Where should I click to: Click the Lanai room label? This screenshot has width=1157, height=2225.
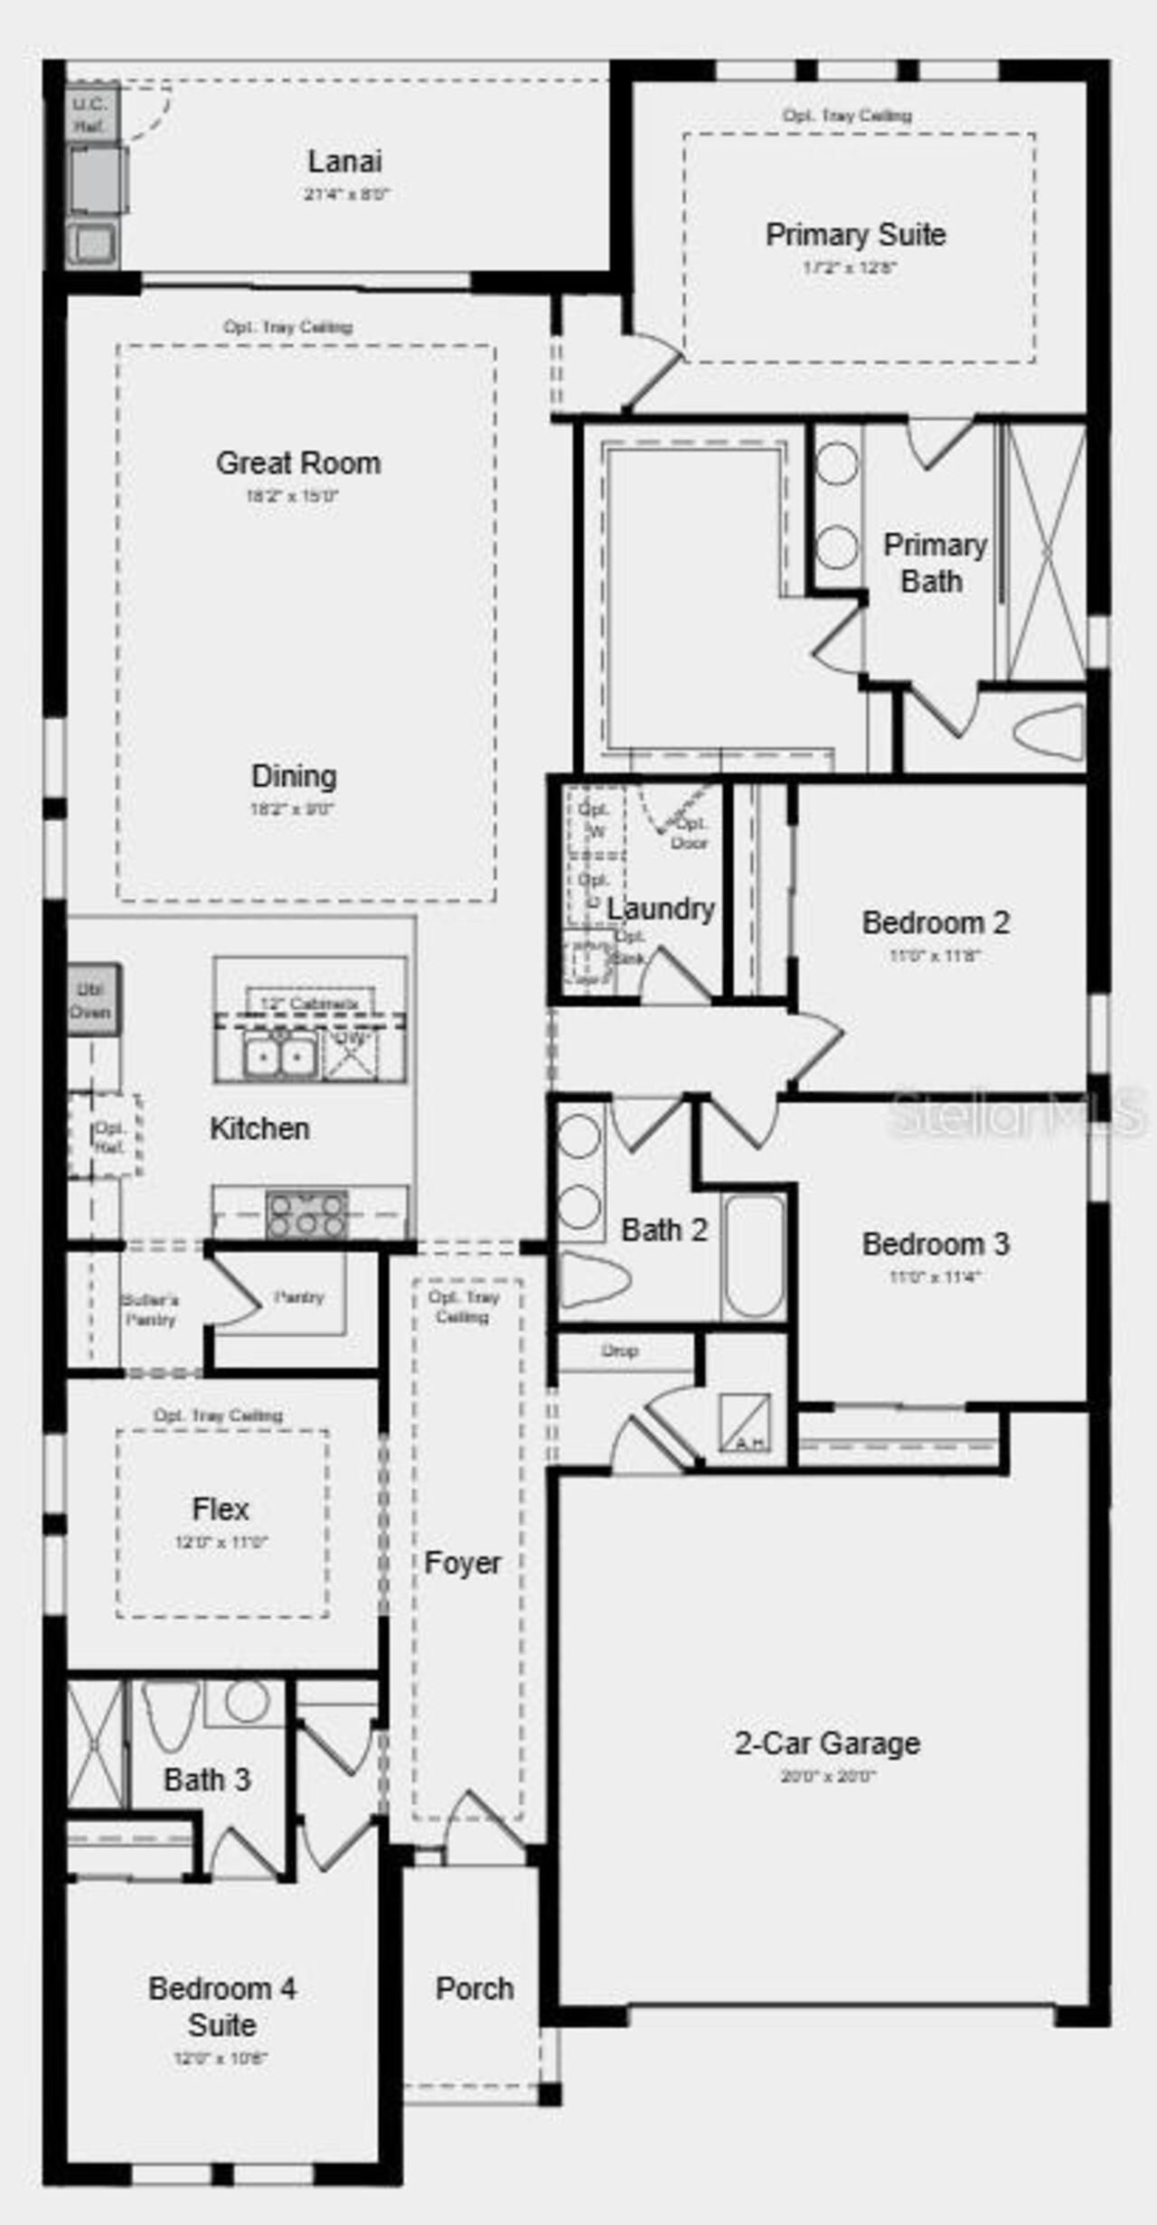click(x=344, y=162)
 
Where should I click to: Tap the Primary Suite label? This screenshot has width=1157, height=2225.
click(x=855, y=235)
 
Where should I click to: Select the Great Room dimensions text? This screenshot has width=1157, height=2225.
click(x=292, y=496)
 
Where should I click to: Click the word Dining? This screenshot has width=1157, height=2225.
click(x=294, y=776)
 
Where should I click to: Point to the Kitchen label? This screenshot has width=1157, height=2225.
click(x=259, y=1128)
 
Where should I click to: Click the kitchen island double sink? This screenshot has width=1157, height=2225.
click(x=280, y=1057)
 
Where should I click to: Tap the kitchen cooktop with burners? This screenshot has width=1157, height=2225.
click(x=306, y=1214)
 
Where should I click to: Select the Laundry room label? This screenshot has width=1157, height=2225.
click(x=661, y=909)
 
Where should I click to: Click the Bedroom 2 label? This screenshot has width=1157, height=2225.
click(x=936, y=922)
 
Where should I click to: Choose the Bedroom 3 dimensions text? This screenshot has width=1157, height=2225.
click(x=935, y=1276)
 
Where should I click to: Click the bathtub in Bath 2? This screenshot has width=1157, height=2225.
click(x=754, y=1256)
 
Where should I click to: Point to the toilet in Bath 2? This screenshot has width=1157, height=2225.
click(x=593, y=1280)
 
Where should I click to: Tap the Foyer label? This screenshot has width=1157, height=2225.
click(x=462, y=1563)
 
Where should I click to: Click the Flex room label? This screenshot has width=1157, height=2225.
click(x=221, y=1509)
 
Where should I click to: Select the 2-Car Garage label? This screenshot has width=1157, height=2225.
click(x=827, y=1743)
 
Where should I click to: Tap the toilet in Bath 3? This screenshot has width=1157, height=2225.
click(x=170, y=1714)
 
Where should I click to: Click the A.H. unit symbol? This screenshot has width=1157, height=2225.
click(x=746, y=1423)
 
